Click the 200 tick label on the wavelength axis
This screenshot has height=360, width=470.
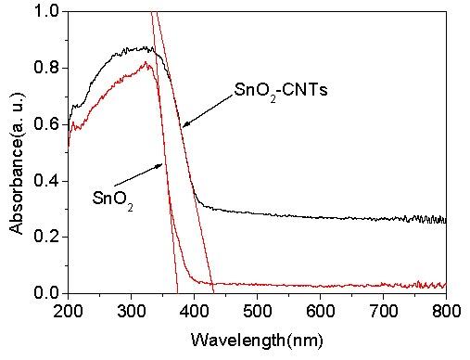68,310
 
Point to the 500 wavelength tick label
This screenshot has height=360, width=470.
257,310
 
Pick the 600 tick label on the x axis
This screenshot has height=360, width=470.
320,310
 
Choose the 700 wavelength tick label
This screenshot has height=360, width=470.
383,310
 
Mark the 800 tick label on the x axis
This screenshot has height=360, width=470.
446,310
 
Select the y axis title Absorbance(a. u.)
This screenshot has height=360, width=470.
16,153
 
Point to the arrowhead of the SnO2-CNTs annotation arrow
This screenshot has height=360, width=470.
183,125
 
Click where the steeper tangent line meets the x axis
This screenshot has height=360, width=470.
177,292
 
